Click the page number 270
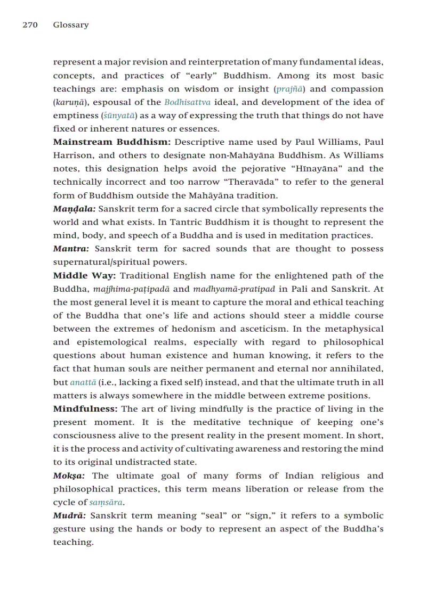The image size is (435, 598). tap(30, 25)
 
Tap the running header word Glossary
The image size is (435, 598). tap(71, 25)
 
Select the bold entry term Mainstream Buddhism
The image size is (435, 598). tap(111, 142)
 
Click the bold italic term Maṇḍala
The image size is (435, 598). tap(74, 209)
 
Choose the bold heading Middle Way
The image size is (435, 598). tap(84, 275)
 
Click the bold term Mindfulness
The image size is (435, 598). tap(85, 409)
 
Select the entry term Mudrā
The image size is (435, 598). tap(70, 515)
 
